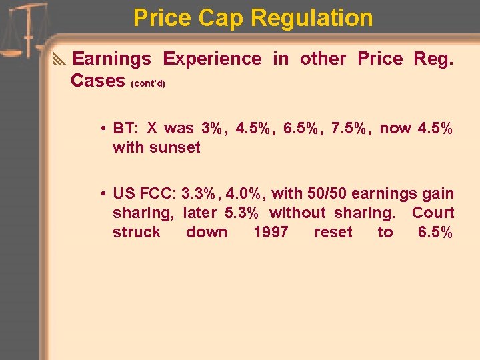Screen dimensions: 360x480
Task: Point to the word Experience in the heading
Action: point(212,59)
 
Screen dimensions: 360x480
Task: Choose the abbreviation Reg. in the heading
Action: point(433,59)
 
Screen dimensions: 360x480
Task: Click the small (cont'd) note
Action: point(148,84)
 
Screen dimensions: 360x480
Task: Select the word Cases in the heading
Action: point(98,81)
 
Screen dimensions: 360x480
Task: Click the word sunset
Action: point(175,147)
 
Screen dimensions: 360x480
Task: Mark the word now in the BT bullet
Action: point(395,128)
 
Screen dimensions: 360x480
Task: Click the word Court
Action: point(433,213)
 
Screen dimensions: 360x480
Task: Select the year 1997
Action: point(271,233)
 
